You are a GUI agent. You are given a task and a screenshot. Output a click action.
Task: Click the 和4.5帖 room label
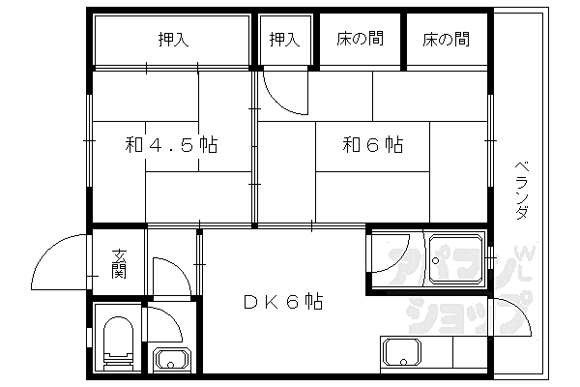pos(171,146)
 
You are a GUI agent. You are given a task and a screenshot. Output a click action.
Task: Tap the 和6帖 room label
pos(372,146)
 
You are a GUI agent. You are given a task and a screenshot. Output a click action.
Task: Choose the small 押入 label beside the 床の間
pos(284,40)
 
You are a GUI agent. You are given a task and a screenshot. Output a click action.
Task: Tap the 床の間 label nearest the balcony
pos(446,40)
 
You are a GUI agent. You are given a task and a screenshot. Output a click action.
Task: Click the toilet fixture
pos(118,344)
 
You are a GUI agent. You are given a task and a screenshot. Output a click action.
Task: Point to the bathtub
pos(456,257)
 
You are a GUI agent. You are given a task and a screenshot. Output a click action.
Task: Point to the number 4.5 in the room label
pos(171,146)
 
